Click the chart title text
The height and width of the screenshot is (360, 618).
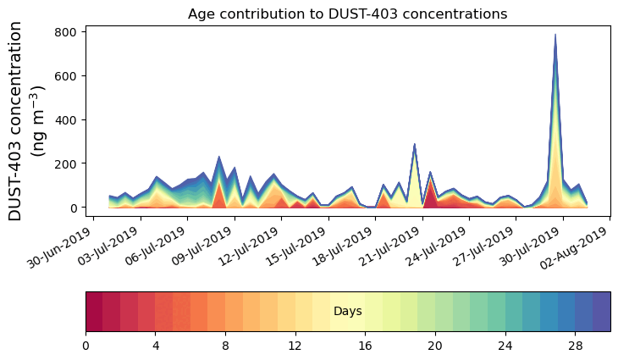[x=347, y=14]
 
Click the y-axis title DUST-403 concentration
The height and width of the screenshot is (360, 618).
[x=15, y=121]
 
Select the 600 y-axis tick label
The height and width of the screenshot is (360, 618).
[x=66, y=75]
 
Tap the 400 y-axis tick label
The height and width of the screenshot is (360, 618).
[x=66, y=120]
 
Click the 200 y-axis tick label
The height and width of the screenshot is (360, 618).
[x=66, y=163]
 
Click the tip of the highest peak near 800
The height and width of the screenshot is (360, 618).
[x=555, y=34]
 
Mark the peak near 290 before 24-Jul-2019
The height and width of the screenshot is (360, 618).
[x=414, y=144]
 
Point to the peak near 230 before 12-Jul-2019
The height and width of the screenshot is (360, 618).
[x=218, y=157]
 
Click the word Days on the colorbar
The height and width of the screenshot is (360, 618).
[x=348, y=311]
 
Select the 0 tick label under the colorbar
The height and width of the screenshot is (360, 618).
[x=86, y=346]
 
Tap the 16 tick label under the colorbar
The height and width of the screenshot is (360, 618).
[x=366, y=346]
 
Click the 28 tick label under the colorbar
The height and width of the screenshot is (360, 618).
[x=576, y=346]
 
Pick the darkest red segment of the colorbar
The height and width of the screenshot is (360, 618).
[x=94, y=312]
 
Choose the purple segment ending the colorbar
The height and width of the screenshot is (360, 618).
[x=602, y=312]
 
